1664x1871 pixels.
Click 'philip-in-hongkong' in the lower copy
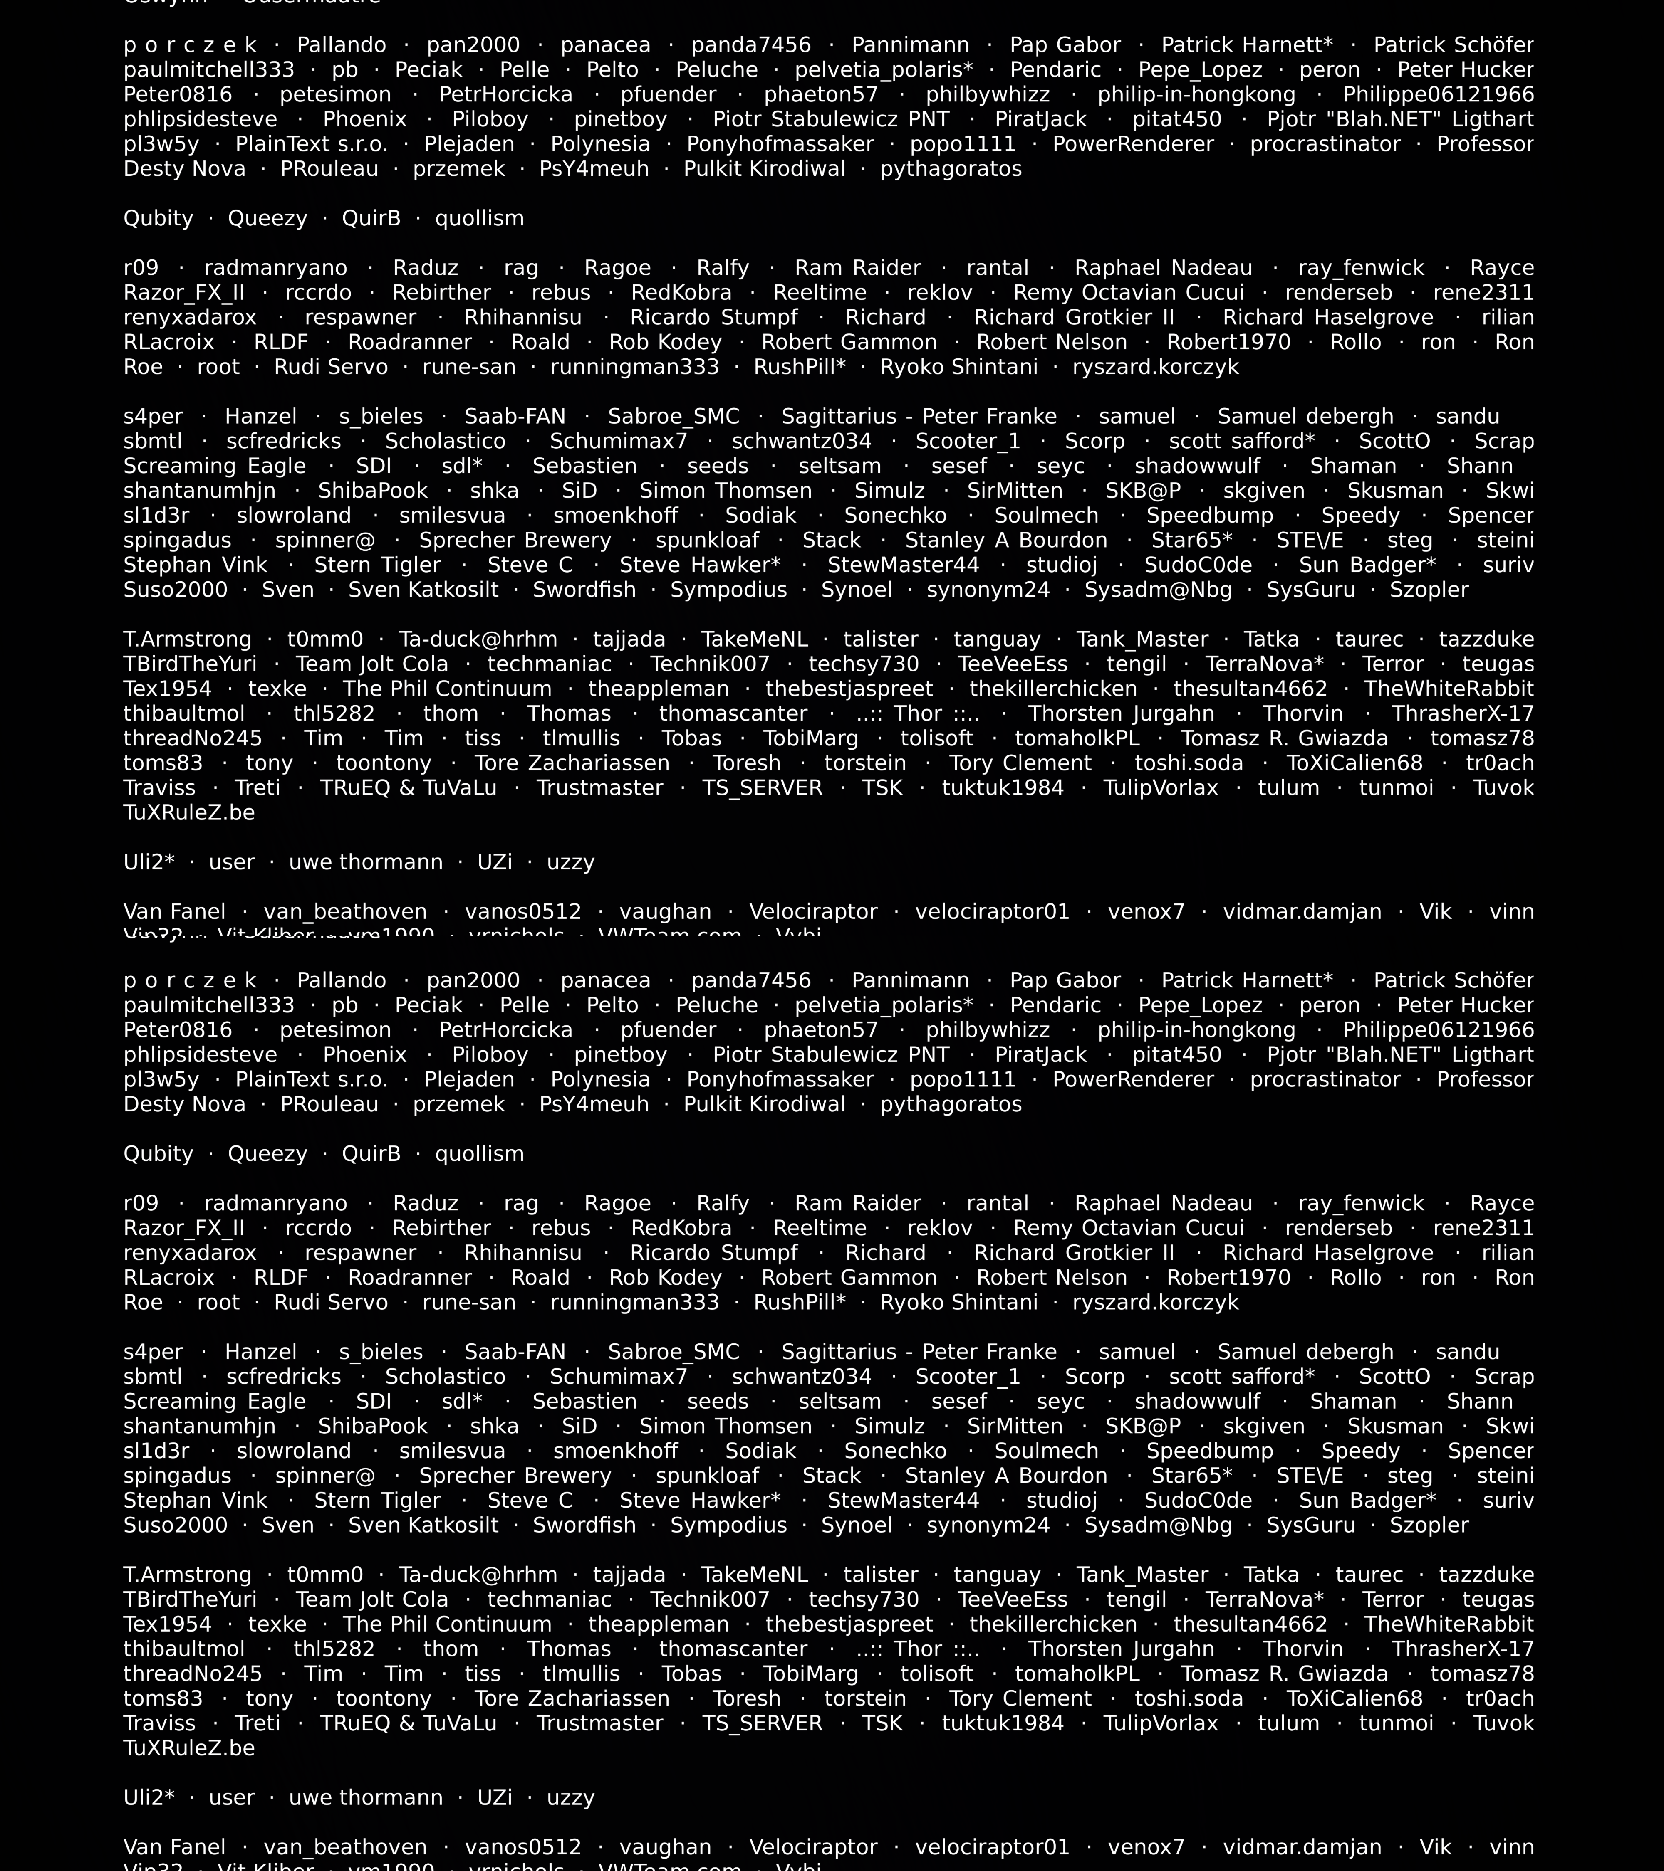pyautogui.click(x=1196, y=1030)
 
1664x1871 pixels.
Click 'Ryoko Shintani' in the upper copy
pyautogui.click(x=959, y=367)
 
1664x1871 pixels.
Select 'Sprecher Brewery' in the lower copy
pyautogui.click(x=515, y=1476)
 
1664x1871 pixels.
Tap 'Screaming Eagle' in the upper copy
pyautogui.click(x=214, y=466)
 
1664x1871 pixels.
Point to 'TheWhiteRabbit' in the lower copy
pyautogui.click(x=1448, y=1624)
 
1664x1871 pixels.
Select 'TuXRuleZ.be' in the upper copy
pyautogui.click(x=188, y=813)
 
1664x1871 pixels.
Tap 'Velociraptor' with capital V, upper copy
pyautogui.click(x=812, y=912)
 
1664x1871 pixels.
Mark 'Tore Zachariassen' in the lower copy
pyautogui.click(x=572, y=1698)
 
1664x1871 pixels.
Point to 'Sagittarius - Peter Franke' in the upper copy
pyautogui.click(x=919, y=417)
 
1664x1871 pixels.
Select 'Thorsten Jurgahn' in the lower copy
pyautogui.click(x=1121, y=1649)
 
